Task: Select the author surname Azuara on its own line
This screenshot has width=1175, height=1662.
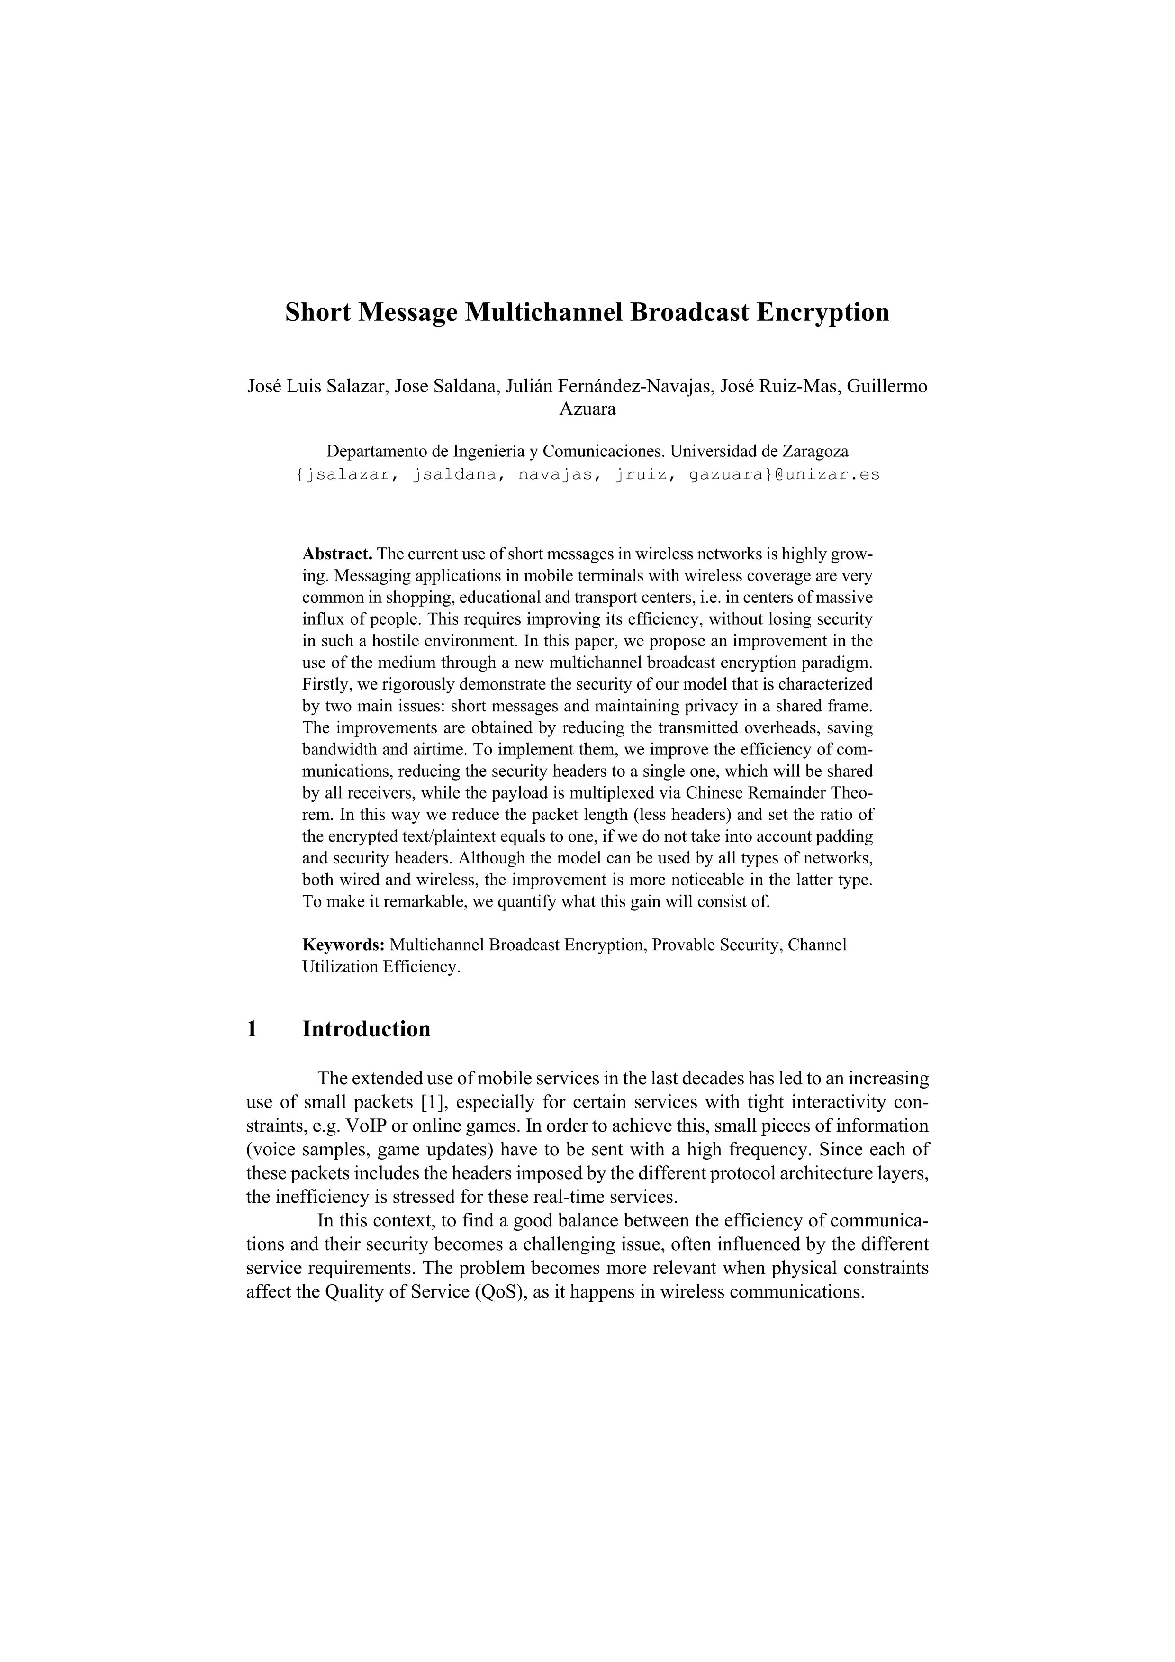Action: click(587, 409)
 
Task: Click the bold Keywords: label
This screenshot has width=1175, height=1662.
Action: click(343, 945)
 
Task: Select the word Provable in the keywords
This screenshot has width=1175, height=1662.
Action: click(681, 945)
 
